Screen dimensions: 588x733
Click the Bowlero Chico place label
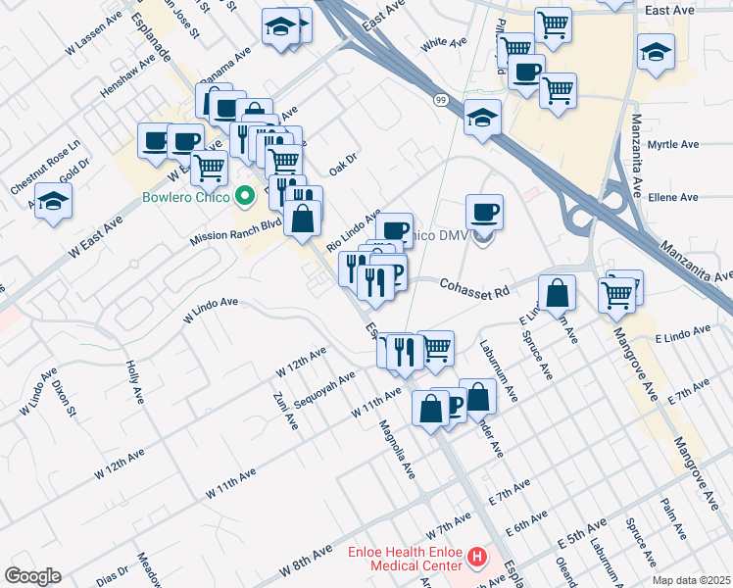pyautogui.click(x=185, y=197)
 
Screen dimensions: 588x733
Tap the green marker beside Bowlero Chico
pyautogui.click(x=247, y=197)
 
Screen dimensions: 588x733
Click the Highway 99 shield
pyautogui.click(x=442, y=99)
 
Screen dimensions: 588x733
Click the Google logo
pyautogui.click(x=33, y=575)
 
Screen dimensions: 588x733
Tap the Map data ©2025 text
pyautogui.click(x=690, y=580)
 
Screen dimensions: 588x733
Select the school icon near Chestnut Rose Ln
pyautogui.click(x=54, y=203)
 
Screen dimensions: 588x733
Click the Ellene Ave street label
pyautogui.click(x=674, y=197)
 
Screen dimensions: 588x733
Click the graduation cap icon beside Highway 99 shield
pyautogui.click(x=482, y=118)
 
